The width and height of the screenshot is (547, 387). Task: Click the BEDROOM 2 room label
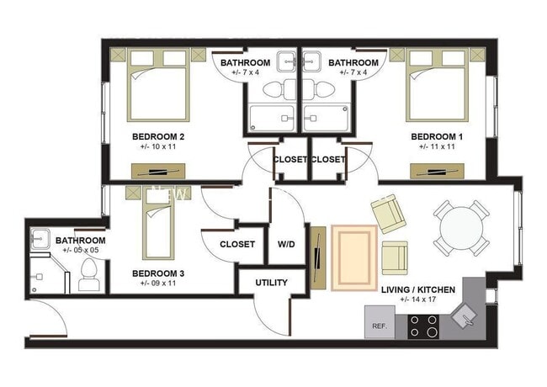158,135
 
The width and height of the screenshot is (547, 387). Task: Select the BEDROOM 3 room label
158,273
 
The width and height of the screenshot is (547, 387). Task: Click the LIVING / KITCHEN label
418,289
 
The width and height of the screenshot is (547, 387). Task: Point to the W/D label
286,244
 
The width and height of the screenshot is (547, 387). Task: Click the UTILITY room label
271,283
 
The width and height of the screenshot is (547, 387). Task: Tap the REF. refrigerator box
379,325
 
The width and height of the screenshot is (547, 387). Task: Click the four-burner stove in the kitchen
423,326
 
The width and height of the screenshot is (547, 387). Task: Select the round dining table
457,227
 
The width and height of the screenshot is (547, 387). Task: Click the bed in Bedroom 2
158,86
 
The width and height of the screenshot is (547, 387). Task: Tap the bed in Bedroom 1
437,86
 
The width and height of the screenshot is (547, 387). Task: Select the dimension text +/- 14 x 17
418,300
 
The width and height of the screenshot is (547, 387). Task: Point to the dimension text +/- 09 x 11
158,284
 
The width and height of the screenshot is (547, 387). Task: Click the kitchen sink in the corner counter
465,315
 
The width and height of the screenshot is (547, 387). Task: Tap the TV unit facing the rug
317,257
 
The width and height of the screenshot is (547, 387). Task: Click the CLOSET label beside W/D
237,244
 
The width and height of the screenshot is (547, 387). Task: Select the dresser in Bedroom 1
436,172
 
